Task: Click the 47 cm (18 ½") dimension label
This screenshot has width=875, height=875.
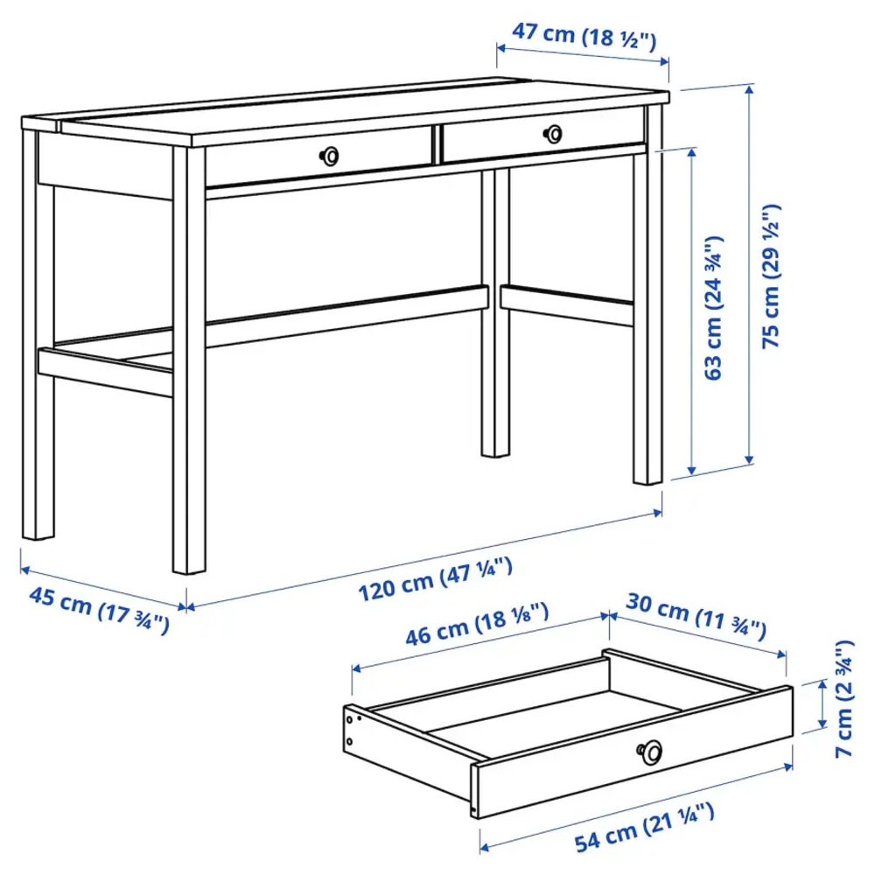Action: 584,36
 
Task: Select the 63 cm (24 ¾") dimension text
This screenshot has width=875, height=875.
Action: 714,307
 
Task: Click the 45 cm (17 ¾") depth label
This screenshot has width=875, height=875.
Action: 99,610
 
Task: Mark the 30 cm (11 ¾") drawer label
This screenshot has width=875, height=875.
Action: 696,619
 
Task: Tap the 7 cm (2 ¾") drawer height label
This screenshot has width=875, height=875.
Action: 843,699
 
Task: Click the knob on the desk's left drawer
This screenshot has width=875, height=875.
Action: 329,155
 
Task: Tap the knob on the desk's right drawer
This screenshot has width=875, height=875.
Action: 553,133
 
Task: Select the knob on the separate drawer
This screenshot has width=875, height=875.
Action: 650,749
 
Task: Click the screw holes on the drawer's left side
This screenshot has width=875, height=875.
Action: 353,730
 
